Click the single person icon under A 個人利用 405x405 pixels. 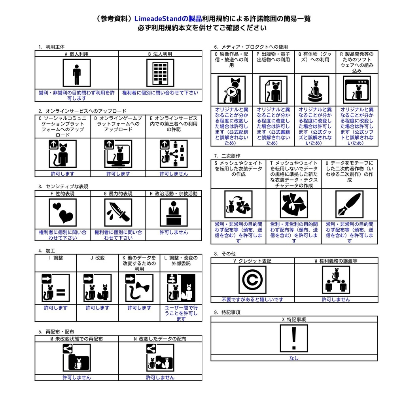coord(76,73)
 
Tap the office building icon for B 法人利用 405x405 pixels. coord(160,73)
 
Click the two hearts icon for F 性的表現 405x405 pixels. coord(63,212)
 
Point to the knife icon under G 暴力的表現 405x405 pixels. coord(118,212)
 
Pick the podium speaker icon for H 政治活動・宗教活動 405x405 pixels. coord(174,212)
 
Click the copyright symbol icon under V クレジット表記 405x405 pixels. coord(252,280)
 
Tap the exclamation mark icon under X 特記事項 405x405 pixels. coord(294,338)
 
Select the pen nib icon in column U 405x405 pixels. coord(349,204)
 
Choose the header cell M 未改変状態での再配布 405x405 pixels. coord(77,339)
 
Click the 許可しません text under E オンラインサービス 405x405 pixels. coord(174,174)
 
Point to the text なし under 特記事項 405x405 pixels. coord(294,358)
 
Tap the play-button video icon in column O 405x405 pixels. coord(231,90)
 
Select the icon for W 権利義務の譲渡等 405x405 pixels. coord(336,280)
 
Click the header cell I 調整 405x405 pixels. coord(56,258)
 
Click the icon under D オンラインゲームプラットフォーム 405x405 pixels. coord(118,154)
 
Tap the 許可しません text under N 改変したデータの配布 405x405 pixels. coord(160,377)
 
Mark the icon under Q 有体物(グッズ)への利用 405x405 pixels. coord(315,90)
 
